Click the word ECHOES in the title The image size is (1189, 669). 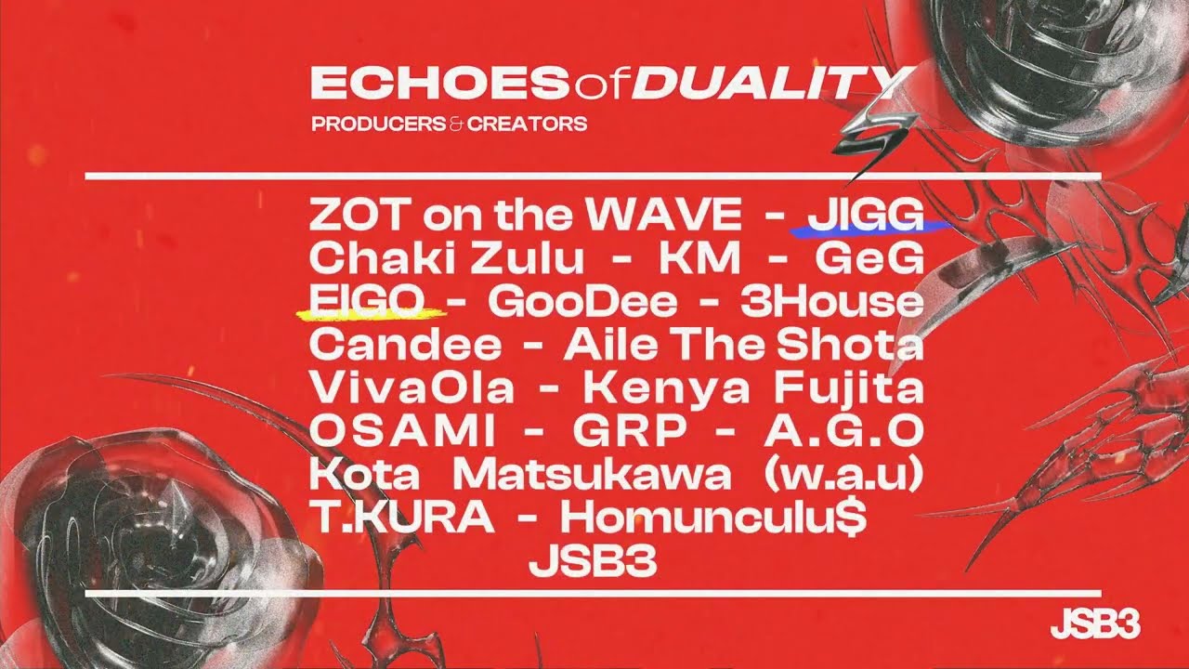[438, 83]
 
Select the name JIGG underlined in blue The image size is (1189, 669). [866, 216]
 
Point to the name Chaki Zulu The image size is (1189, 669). [447, 258]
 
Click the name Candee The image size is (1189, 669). [404, 345]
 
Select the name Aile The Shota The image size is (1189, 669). [743, 345]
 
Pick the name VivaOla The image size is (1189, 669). [411, 387]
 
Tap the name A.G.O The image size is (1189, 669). [843, 431]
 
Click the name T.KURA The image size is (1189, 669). [401, 518]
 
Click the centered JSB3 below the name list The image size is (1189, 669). [593, 561]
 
